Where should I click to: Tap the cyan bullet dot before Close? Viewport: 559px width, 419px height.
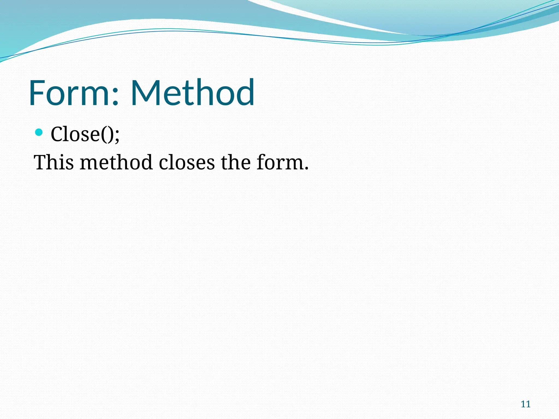coord(39,133)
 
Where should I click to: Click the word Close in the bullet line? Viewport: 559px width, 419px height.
coord(75,134)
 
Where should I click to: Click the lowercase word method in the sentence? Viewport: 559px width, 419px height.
coord(116,163)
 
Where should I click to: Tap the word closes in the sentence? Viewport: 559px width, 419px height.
coord(187,163)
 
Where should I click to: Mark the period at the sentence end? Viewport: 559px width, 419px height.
coord(306,169)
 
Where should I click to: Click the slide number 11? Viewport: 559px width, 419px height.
coord(525,404)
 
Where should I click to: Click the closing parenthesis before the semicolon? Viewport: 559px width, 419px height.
coord(111,135)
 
